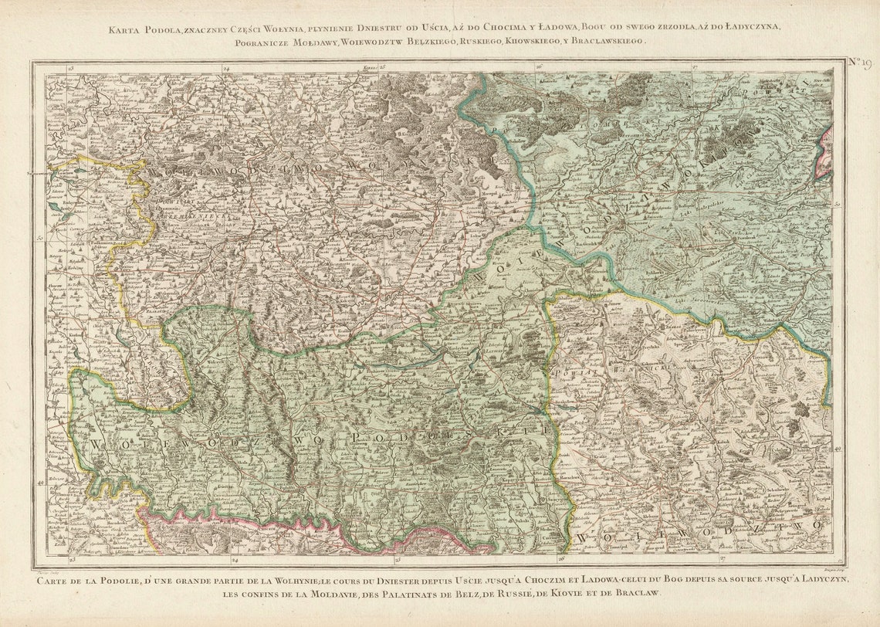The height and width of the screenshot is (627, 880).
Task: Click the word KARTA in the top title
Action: click(124, 29)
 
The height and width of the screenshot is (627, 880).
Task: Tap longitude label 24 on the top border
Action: click(226, 69)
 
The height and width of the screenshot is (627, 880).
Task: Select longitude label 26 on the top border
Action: click(539, 69)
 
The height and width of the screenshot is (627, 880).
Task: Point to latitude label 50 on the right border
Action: click(838, 204)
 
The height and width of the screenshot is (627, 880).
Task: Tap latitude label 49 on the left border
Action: click(40, 483)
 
